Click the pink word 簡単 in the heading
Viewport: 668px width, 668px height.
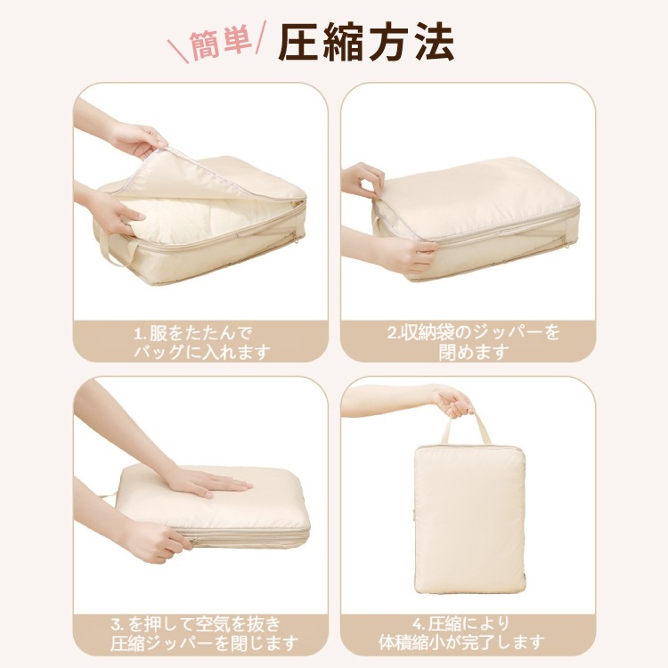[x=220, y=44]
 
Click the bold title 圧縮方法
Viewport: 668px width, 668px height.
[x=366, y=43]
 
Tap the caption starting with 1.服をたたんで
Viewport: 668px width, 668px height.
[x=202, y=343]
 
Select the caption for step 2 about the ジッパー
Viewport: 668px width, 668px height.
[x=473, y=343]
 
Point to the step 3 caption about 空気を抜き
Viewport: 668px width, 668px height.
[x=204, y=634]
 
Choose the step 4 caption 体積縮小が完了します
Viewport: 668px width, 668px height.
[x=461, y=634]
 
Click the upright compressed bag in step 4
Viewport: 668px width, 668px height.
[x=469, y=517]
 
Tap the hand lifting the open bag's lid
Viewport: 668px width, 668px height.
[x=138, y=138]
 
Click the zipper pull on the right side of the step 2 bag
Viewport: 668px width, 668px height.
[x=566, y=243]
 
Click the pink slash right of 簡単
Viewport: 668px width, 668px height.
[x=261, y=37]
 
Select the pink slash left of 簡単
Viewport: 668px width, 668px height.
[x=178, y=51]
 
